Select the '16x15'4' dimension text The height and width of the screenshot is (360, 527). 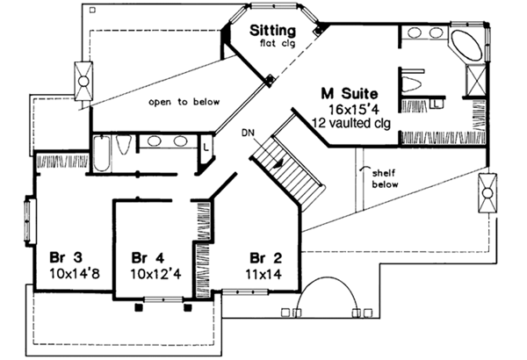(348, 108)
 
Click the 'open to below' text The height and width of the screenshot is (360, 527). (184, 102)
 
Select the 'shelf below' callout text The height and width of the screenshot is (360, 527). (383, 179)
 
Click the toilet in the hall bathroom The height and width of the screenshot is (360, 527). (124, 145)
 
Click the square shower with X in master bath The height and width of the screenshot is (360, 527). (472, 82)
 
